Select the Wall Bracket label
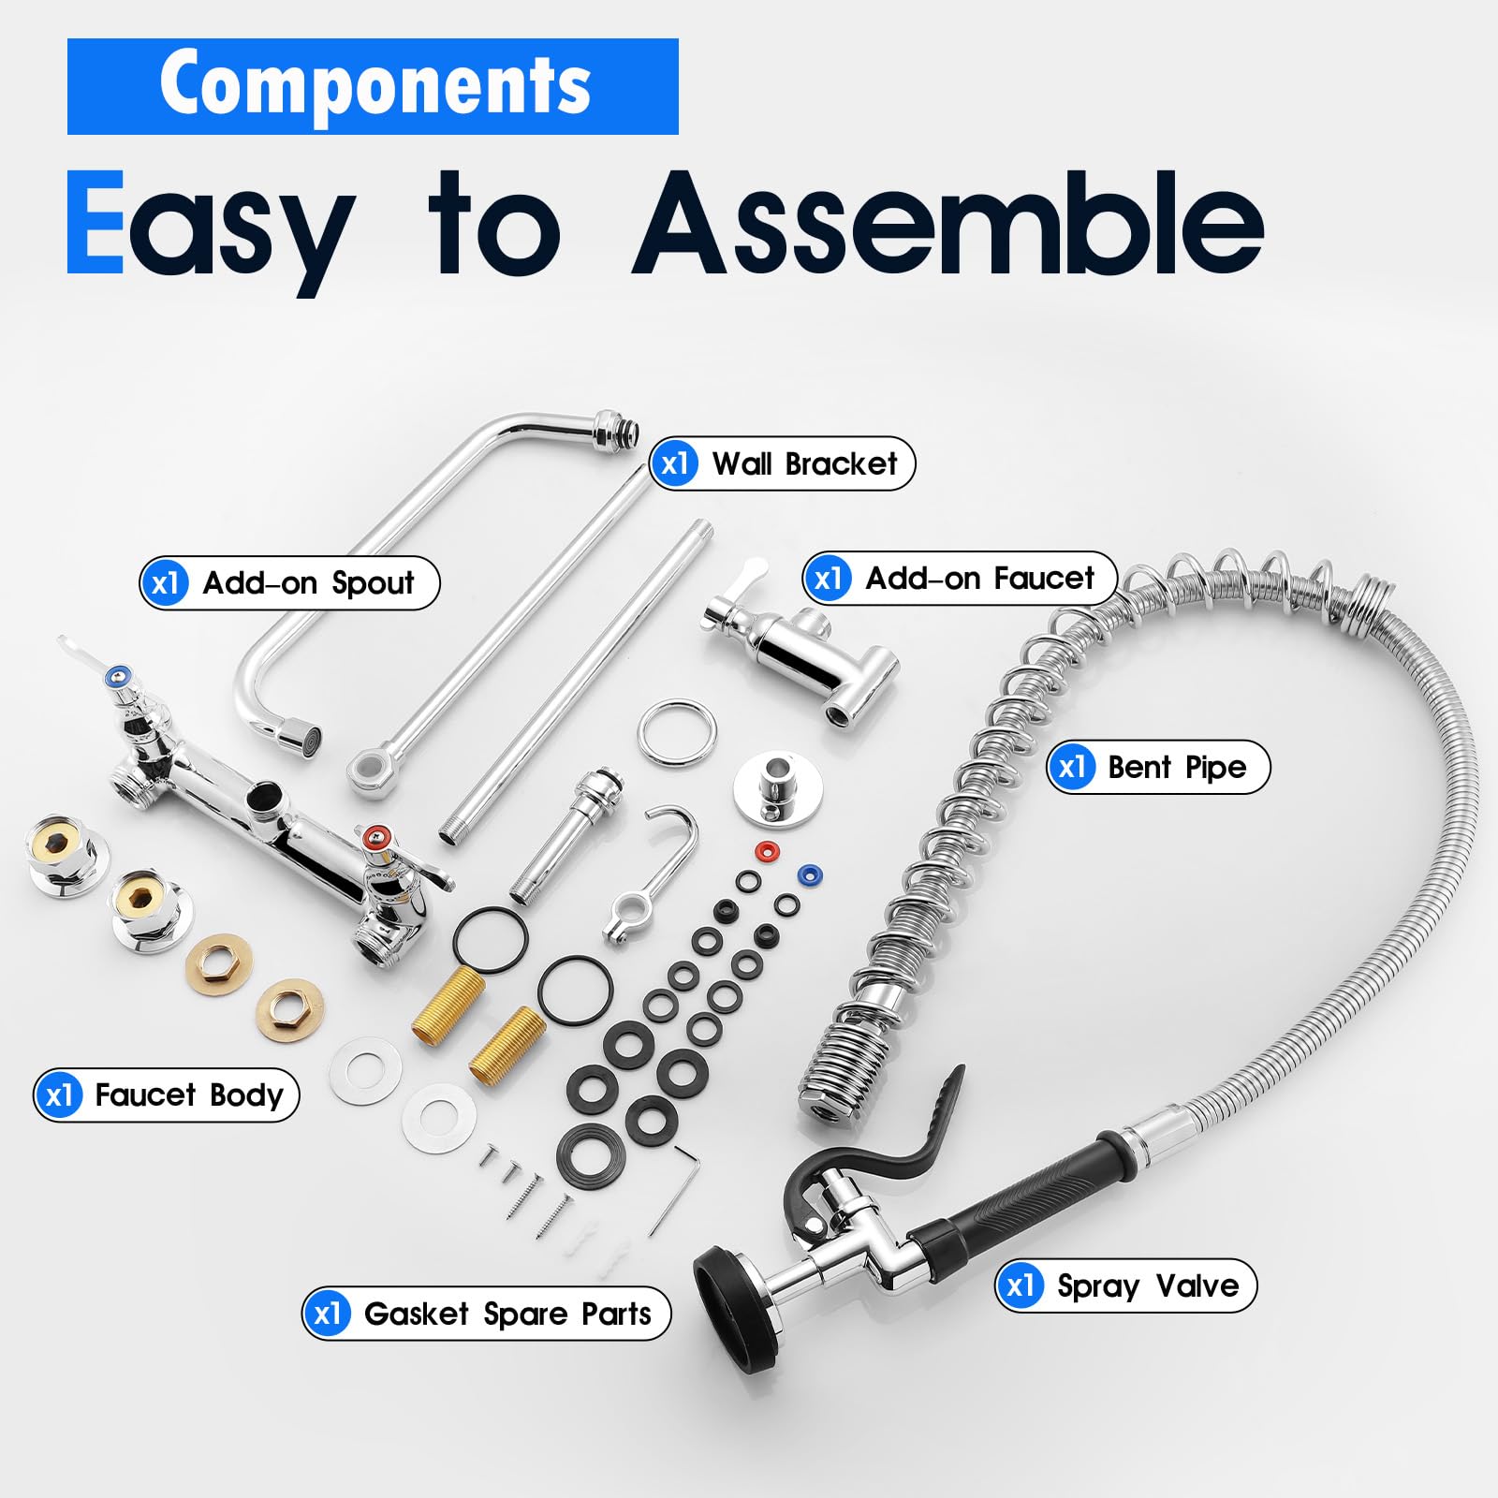[x=783, y=463]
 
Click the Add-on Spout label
[x=289, y=583]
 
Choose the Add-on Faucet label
[x=961, y=579]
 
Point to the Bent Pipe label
[x=1158, y=768]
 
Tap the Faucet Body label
[x=167, y=1094]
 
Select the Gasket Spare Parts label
[x=487, y=1314]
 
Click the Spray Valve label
[x=1126, y=1285]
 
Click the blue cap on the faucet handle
[x=118, y=675]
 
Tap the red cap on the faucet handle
[x=376, y=834]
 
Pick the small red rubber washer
[x=767, y=851]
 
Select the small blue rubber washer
[x=808, y=874]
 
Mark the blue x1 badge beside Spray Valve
[x=1020, y=1285]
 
